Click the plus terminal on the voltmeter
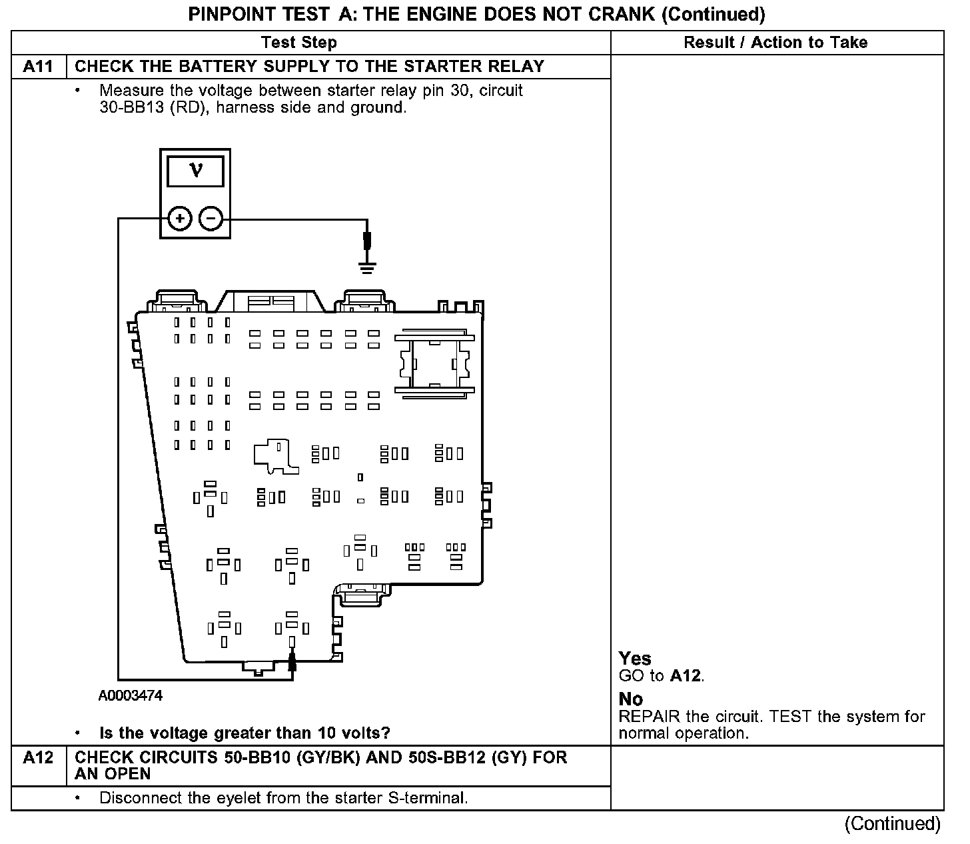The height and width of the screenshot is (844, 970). (x=179, y=218)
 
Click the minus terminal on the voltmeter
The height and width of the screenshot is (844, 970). (x=211, y=218)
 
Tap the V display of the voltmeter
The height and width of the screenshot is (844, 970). (x=195, y=171)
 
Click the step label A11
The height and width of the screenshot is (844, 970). (x=39, y=67)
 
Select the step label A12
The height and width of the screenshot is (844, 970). (x=39, y=758)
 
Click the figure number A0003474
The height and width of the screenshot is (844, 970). (x=131, y=696)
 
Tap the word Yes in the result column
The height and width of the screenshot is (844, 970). (x=635, y=659)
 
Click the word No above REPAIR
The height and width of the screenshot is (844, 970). (x=631, y=699)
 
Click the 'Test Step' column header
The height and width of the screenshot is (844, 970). (x=299, y=43)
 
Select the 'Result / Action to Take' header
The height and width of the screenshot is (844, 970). (x=775, y=43)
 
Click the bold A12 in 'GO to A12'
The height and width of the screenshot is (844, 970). (x=686, y=676)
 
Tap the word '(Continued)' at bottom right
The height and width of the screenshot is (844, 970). (x=893, y=824)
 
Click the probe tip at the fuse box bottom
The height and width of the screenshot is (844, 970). (x=292, y=661)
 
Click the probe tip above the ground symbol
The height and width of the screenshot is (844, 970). (x=366, y=240)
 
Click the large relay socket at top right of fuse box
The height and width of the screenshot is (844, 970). (x=434, y=363)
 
